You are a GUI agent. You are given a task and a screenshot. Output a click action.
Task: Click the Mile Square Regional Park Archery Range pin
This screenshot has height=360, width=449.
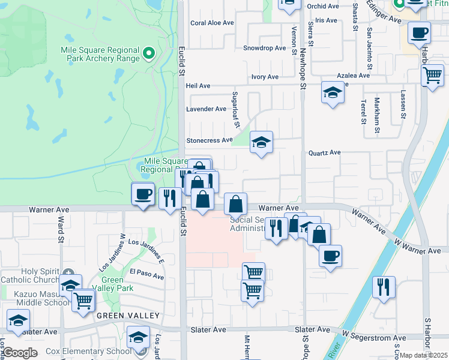point(149,54)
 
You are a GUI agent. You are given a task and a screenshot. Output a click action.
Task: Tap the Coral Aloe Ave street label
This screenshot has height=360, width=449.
point(211,23)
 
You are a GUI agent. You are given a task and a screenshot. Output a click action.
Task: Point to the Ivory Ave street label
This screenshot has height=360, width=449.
point(265,77)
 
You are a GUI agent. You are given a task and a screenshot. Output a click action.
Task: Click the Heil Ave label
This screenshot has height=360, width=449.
point(198,86)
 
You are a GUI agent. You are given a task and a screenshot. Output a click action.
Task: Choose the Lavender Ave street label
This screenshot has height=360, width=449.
point(206,109)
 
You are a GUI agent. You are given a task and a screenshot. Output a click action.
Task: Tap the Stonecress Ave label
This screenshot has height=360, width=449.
point(209,140)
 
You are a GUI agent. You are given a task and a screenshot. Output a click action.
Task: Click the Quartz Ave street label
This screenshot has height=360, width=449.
point(324,152)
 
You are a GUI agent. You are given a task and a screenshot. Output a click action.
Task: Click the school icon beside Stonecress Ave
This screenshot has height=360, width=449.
point(261,143)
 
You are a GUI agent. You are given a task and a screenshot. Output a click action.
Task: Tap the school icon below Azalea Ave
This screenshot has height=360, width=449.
point(332,93)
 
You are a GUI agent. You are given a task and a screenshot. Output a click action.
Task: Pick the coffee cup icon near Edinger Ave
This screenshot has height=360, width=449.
point(419,32)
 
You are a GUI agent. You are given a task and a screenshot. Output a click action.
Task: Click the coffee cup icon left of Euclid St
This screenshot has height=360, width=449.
point(143,194)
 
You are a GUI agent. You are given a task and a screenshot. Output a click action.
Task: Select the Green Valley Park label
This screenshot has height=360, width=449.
point(112,284)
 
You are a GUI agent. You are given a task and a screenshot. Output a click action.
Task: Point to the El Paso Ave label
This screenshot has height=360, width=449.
point(146,274)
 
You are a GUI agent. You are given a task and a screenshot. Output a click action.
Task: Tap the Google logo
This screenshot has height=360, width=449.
point(20,353)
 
